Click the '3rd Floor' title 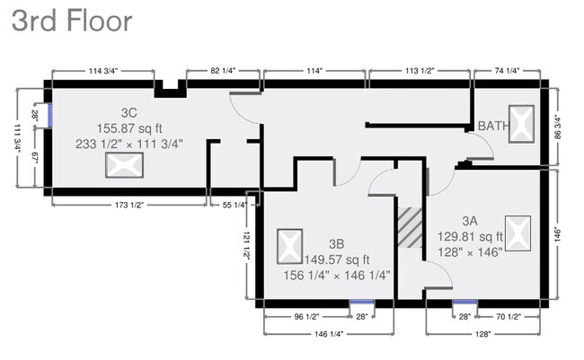coord(72,22)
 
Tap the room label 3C coord(128,112)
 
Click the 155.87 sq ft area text coord(130,127)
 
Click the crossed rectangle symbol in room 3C coord(124,165)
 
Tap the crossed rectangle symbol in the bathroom coord(521,124)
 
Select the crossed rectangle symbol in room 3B coord(288,244)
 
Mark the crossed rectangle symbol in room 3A coord(518,233)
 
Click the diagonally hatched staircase coord(410,227)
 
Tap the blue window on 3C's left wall coord(49,115)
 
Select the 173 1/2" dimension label coord(129,205)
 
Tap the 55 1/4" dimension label coord(234,205)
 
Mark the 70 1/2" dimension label coord(508,316)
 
